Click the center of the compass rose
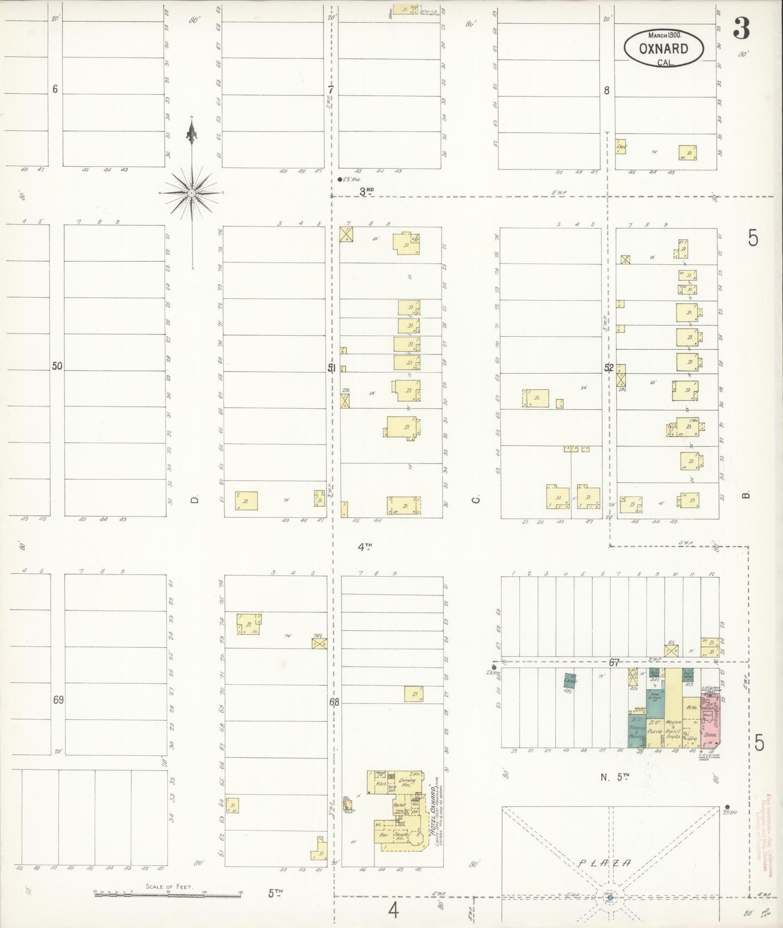coord(192,193)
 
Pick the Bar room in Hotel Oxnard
coord(384,835)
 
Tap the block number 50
coord(57,367)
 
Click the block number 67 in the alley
coord(614,662)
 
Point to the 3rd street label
coord(367,191)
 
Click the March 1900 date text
coord(664,34)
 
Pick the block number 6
coord(55,89)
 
